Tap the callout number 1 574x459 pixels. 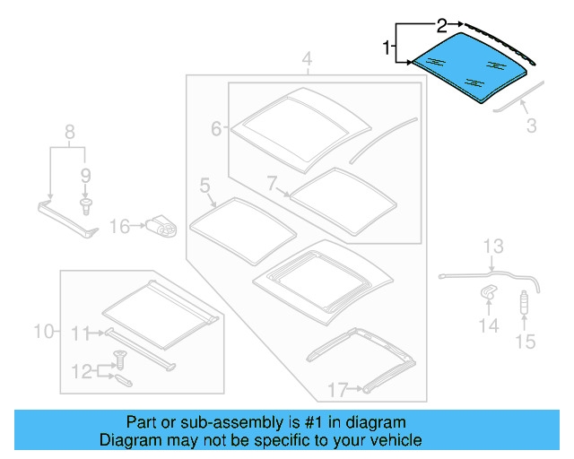click(387, 47)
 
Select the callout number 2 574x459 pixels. click(441, 23)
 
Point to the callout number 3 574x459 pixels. click(532, 126)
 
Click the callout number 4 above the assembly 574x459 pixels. click(307, 61)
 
